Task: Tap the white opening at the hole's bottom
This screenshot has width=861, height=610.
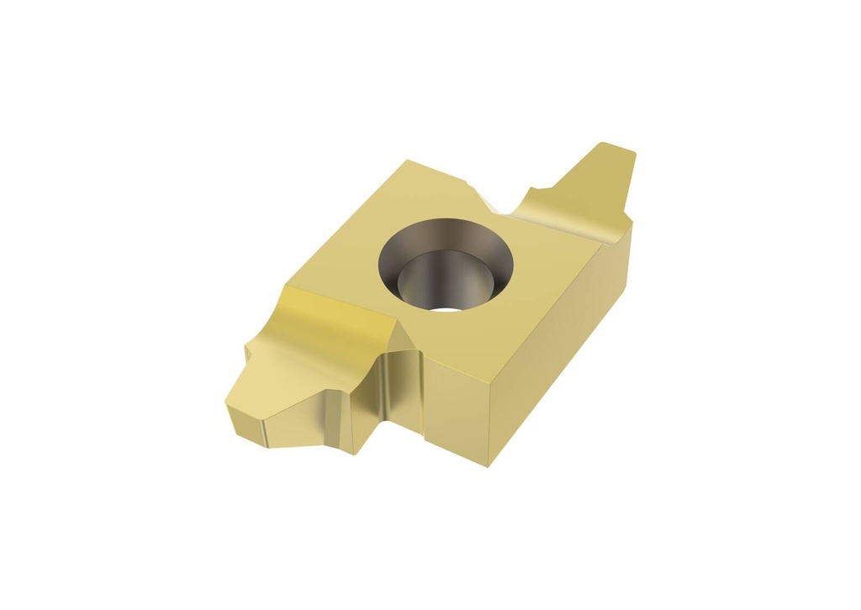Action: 452,308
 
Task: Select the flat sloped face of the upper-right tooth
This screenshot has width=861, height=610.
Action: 599,181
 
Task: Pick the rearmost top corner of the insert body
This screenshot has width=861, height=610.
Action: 407,160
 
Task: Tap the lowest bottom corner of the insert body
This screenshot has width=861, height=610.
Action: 489,465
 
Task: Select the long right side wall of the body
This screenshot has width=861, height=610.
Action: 555,353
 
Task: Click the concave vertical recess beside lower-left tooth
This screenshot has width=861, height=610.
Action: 399,387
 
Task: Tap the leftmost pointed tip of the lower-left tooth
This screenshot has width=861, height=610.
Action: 227,405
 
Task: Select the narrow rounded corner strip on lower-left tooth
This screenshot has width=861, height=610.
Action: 260,431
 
